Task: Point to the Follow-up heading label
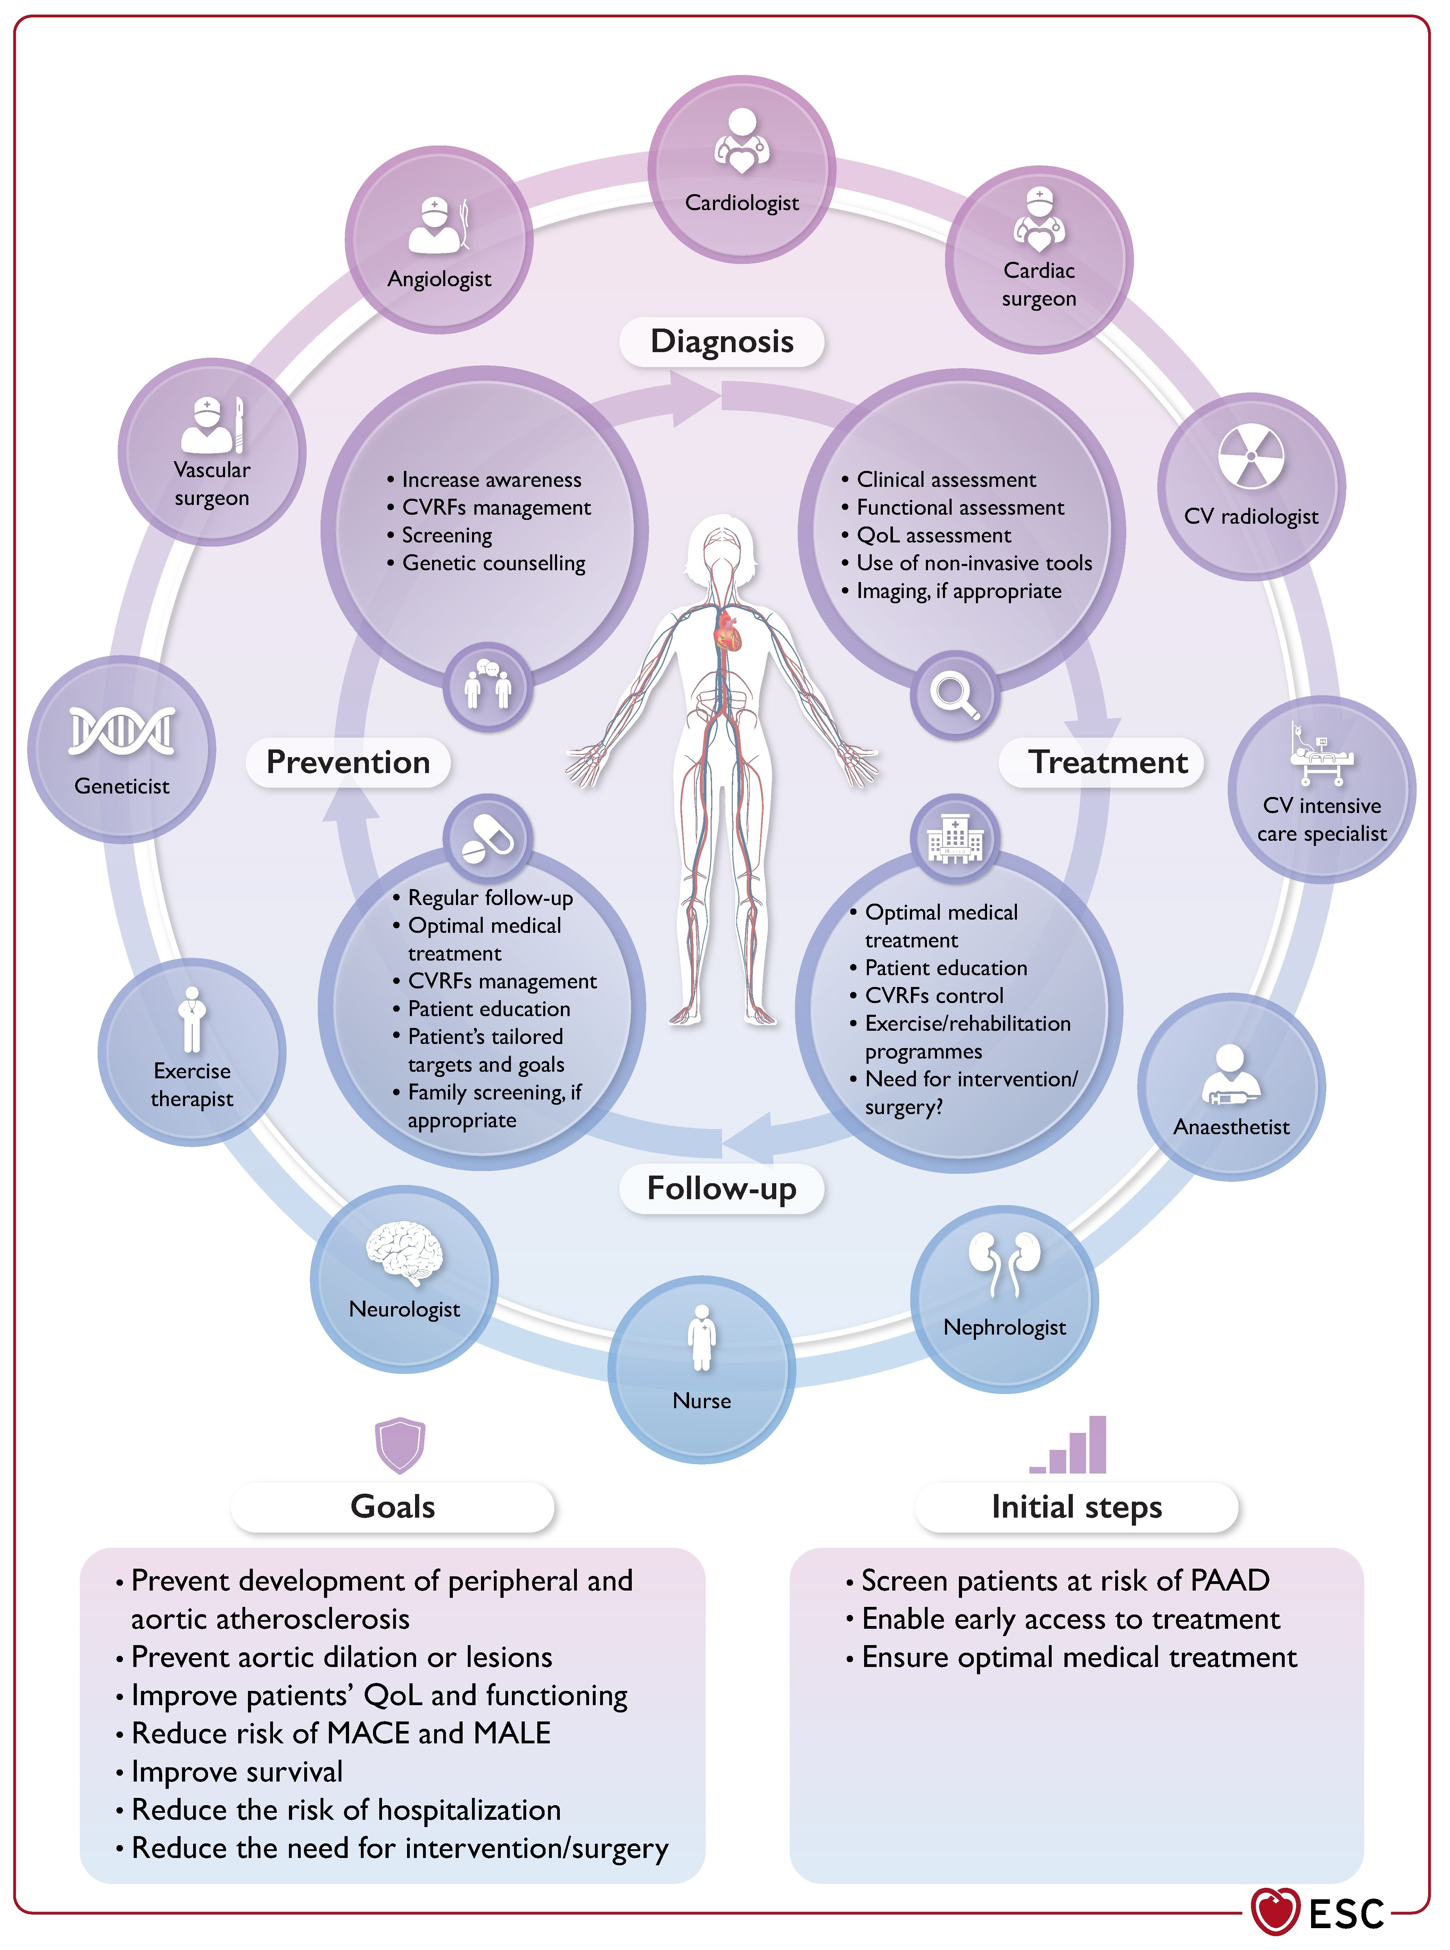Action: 721,1188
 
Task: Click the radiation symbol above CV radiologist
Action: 1251,456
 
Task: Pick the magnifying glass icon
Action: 955,696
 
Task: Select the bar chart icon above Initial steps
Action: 1068,1444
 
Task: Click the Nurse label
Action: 701,1401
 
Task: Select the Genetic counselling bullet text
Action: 493,563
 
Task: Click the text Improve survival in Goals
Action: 237,1772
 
